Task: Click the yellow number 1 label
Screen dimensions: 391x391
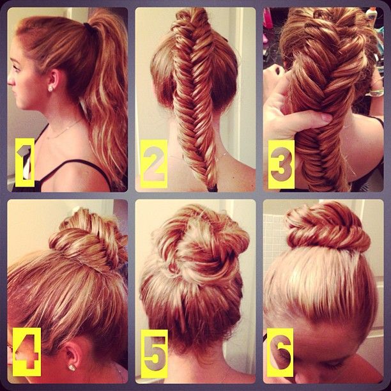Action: coord(25,162)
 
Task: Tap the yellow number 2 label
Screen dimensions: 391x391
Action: coord(154,164)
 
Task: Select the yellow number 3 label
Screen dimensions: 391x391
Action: coord(281,164)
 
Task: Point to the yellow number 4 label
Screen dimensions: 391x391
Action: coord(27,352)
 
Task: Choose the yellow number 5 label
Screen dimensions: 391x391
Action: coord(155,353)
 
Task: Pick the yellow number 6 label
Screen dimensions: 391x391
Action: coord(280,353)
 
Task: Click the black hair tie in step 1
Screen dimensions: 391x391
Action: coord(89,28)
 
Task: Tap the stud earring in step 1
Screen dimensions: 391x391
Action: coord(50,89)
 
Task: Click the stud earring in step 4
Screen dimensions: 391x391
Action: coord(72,367)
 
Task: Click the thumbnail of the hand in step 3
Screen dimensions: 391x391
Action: coord(326,117)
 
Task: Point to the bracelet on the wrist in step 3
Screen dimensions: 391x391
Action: coord(376,93)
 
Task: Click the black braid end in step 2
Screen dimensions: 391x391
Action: coord(213,188)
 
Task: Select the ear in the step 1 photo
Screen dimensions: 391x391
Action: coord(54,81)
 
